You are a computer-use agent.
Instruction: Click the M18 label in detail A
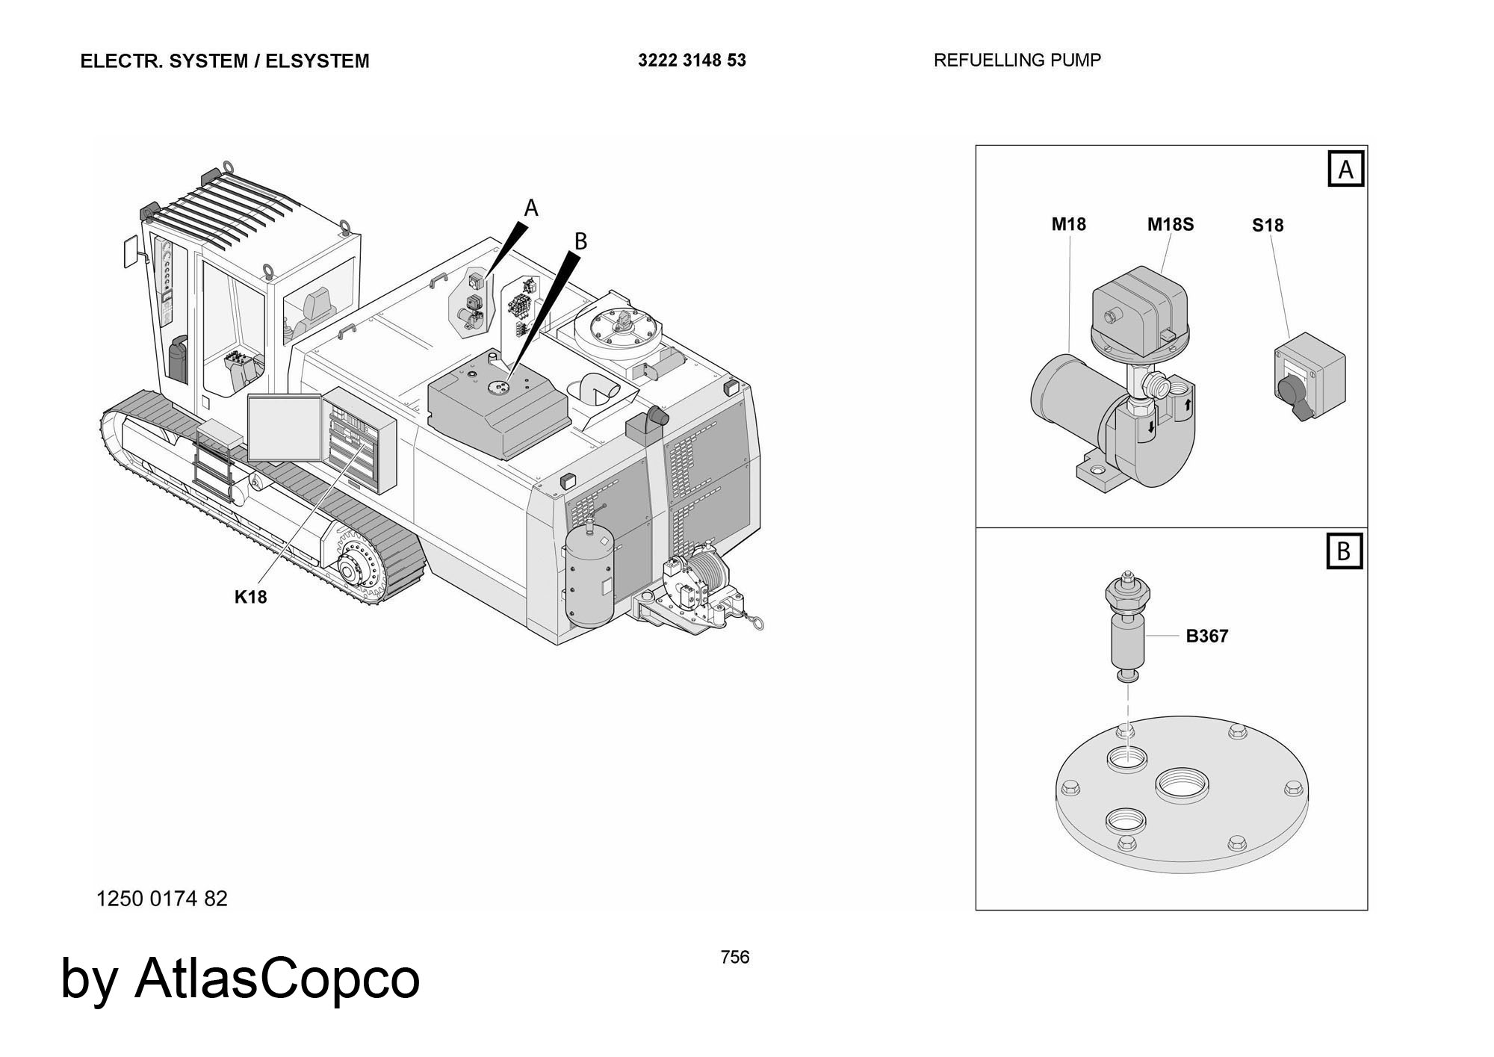[1068, 224]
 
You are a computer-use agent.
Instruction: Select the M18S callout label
[1171, 224]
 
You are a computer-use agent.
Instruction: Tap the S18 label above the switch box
[1268, 225]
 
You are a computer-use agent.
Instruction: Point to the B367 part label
[1207, 636]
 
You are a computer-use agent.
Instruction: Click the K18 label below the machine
[250, 597]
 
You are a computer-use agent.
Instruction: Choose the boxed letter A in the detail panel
[1345, 170]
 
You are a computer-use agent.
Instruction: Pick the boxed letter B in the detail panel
[1344, 551]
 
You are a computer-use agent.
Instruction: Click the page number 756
[735, 957]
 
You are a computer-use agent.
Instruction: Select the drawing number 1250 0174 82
[162, 899]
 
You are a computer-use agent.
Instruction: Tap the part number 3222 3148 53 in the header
[692, 61]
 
